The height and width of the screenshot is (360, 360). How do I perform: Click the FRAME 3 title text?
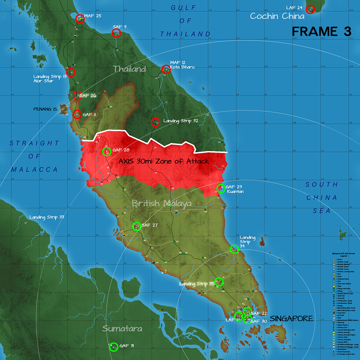coord(322,31)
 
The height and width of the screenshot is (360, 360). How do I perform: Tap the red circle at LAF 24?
coord(310,9)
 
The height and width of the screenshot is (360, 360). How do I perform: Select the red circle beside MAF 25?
coord(79,18)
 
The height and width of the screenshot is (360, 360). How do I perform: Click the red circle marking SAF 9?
coord(116,33)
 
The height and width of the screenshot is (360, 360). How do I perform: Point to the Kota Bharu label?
coord(182,67)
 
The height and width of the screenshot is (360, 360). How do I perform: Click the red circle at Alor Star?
coord(71,72)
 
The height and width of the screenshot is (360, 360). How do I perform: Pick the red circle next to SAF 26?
coord(77,95)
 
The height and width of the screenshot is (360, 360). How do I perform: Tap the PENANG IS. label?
coord(45,109)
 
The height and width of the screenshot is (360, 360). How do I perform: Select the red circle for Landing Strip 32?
coord(155,122)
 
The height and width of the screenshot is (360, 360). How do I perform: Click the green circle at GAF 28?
coord(107,152)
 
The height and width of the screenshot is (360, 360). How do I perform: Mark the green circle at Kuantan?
coord(220,189)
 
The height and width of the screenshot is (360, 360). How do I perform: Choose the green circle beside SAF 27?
coord(136,226)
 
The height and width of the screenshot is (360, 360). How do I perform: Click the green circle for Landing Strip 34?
coord(234,249)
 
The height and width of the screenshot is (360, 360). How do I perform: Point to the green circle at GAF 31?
coord(114,347)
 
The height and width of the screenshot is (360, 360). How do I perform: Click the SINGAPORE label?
coord(291,319)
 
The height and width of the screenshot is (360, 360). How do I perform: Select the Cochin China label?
coord(277,16)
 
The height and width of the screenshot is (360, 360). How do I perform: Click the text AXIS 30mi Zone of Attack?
coord(163,161)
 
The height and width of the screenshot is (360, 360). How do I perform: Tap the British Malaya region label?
coord(162,203)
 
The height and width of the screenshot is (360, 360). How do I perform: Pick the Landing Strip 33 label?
coord(47,217)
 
